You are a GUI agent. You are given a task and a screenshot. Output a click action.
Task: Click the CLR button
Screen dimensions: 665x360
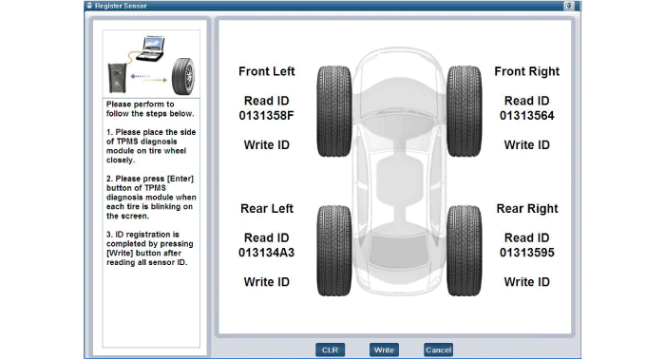pos(330,350)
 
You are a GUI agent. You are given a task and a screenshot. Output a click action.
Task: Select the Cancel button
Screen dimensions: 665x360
pos(438,350)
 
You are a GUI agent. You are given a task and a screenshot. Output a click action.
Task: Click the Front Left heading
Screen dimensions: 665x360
pos(266,71)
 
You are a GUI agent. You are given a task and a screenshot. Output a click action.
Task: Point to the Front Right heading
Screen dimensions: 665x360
pos(526,71)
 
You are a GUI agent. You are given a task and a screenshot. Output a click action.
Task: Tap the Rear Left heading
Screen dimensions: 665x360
pos(267,209)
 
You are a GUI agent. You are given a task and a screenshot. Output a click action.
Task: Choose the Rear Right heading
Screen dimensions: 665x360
pos(527,209)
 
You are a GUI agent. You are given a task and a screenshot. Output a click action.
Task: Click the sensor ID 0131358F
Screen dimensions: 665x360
pos(266,116)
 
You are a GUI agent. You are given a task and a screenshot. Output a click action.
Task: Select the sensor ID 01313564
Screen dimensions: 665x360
pos(526,116)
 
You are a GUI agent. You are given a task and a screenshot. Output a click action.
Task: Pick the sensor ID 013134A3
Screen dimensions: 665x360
pos(266,253)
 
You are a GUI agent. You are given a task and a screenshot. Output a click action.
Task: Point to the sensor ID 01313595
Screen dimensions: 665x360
pos(526,253)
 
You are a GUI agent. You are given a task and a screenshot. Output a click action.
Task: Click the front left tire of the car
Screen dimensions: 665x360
pos(334,111)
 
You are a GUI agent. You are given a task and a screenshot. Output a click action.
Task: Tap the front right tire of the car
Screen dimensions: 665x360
pos(464,111)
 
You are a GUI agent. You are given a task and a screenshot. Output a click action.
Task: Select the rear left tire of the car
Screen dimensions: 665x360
pos(334,251)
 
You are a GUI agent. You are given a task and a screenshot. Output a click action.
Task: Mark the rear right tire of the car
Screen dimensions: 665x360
pos(464,251)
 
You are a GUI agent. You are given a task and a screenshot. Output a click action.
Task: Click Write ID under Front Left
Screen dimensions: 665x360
pos(266,145)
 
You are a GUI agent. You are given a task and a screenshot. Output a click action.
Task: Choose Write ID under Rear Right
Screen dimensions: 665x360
pos(526,282)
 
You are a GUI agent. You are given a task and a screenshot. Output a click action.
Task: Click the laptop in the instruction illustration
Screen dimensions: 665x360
pos(151,48)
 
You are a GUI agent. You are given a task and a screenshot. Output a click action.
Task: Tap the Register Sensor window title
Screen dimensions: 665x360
pos(121,6)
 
